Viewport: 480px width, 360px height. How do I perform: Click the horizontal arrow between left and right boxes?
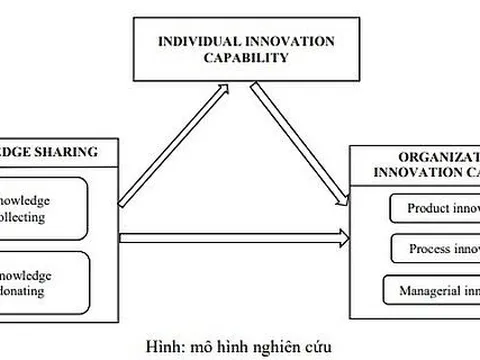[230, 238]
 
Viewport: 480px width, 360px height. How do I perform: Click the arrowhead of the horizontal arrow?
[343, 238]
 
